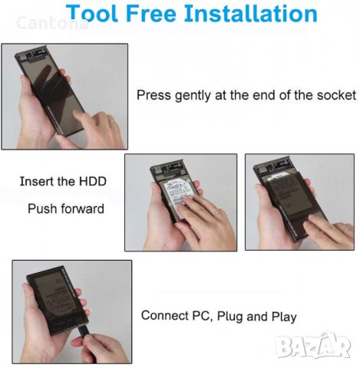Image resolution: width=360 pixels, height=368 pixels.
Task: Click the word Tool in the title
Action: tap(92, 13)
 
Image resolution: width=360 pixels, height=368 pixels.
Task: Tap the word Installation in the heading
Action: tap(251, 13)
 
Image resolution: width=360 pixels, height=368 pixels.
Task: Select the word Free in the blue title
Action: tap(151, 13)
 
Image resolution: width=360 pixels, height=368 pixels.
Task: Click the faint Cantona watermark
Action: tap(52, 23)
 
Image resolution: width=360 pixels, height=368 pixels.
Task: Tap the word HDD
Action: tap(93, 182)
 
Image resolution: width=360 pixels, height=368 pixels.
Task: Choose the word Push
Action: tap(42, 209)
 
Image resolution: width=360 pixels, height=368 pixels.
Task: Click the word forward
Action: tap(82, 209)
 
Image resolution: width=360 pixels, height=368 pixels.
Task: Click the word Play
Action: tap(284, 317)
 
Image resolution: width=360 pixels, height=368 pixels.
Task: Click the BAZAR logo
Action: tap(313, 346)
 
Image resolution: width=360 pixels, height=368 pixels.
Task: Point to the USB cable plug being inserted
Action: tap(84, 331)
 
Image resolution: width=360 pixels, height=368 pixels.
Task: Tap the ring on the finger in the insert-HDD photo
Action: tap(216, 212)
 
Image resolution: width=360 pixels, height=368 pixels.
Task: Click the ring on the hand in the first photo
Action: tap(112, 120)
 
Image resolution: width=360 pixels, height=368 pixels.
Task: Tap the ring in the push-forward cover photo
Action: tap(346, 229)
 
